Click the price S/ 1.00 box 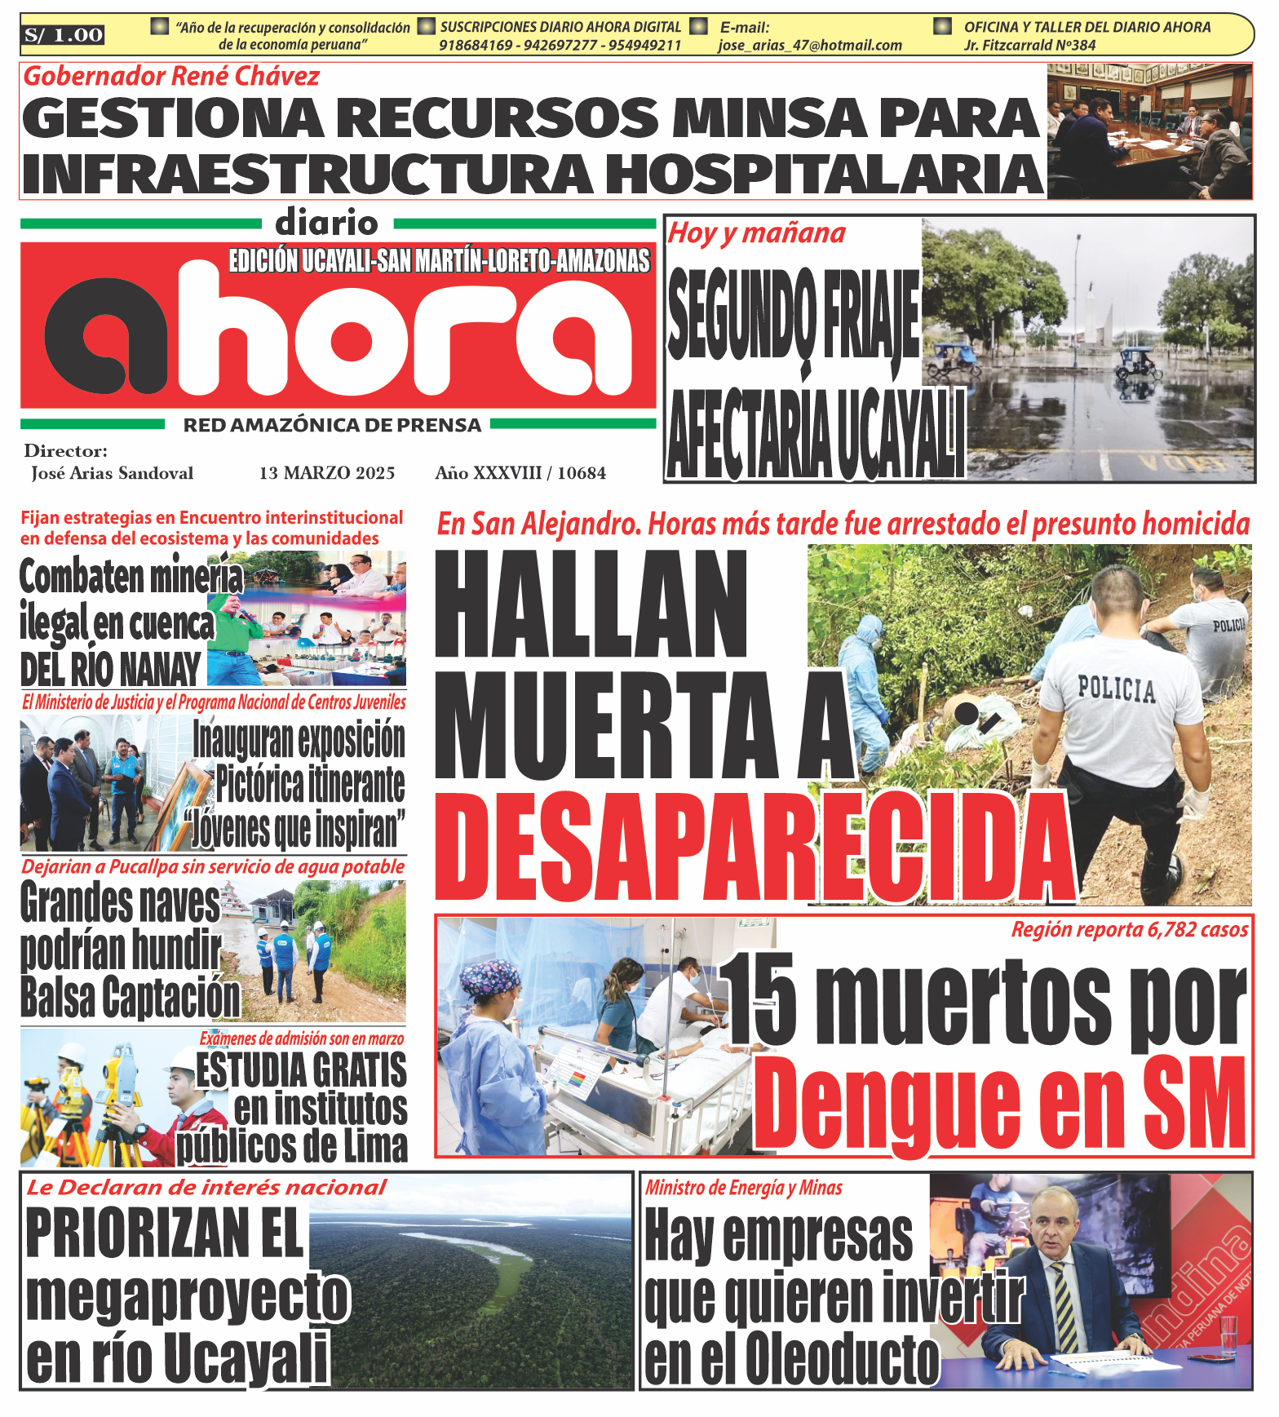(x=64, y=35)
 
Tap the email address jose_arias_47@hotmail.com (x=810, y=46)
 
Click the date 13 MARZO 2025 (x=327, y=473)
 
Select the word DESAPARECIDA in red (x=755, y=848)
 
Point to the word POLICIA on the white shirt (x=1117, y=689)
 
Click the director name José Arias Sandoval (x=113, y=473)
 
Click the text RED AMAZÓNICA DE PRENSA (x=332, y=425)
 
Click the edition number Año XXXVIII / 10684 (x=520, y=473)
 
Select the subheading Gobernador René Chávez (x=171, y=77)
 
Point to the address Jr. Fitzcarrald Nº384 (x=1029, y=46)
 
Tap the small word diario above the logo (x=326, y=223)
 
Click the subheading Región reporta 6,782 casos (x=1129, y=929)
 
